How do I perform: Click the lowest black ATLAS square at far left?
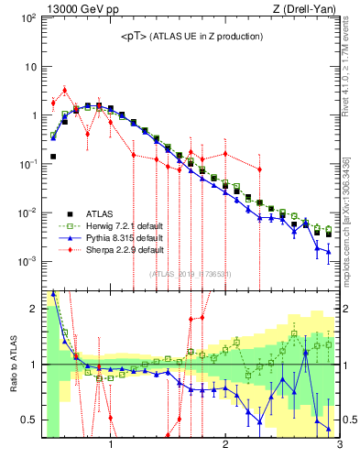click(x=53, y=157)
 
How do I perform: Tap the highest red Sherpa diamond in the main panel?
click(x=65, y=90)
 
